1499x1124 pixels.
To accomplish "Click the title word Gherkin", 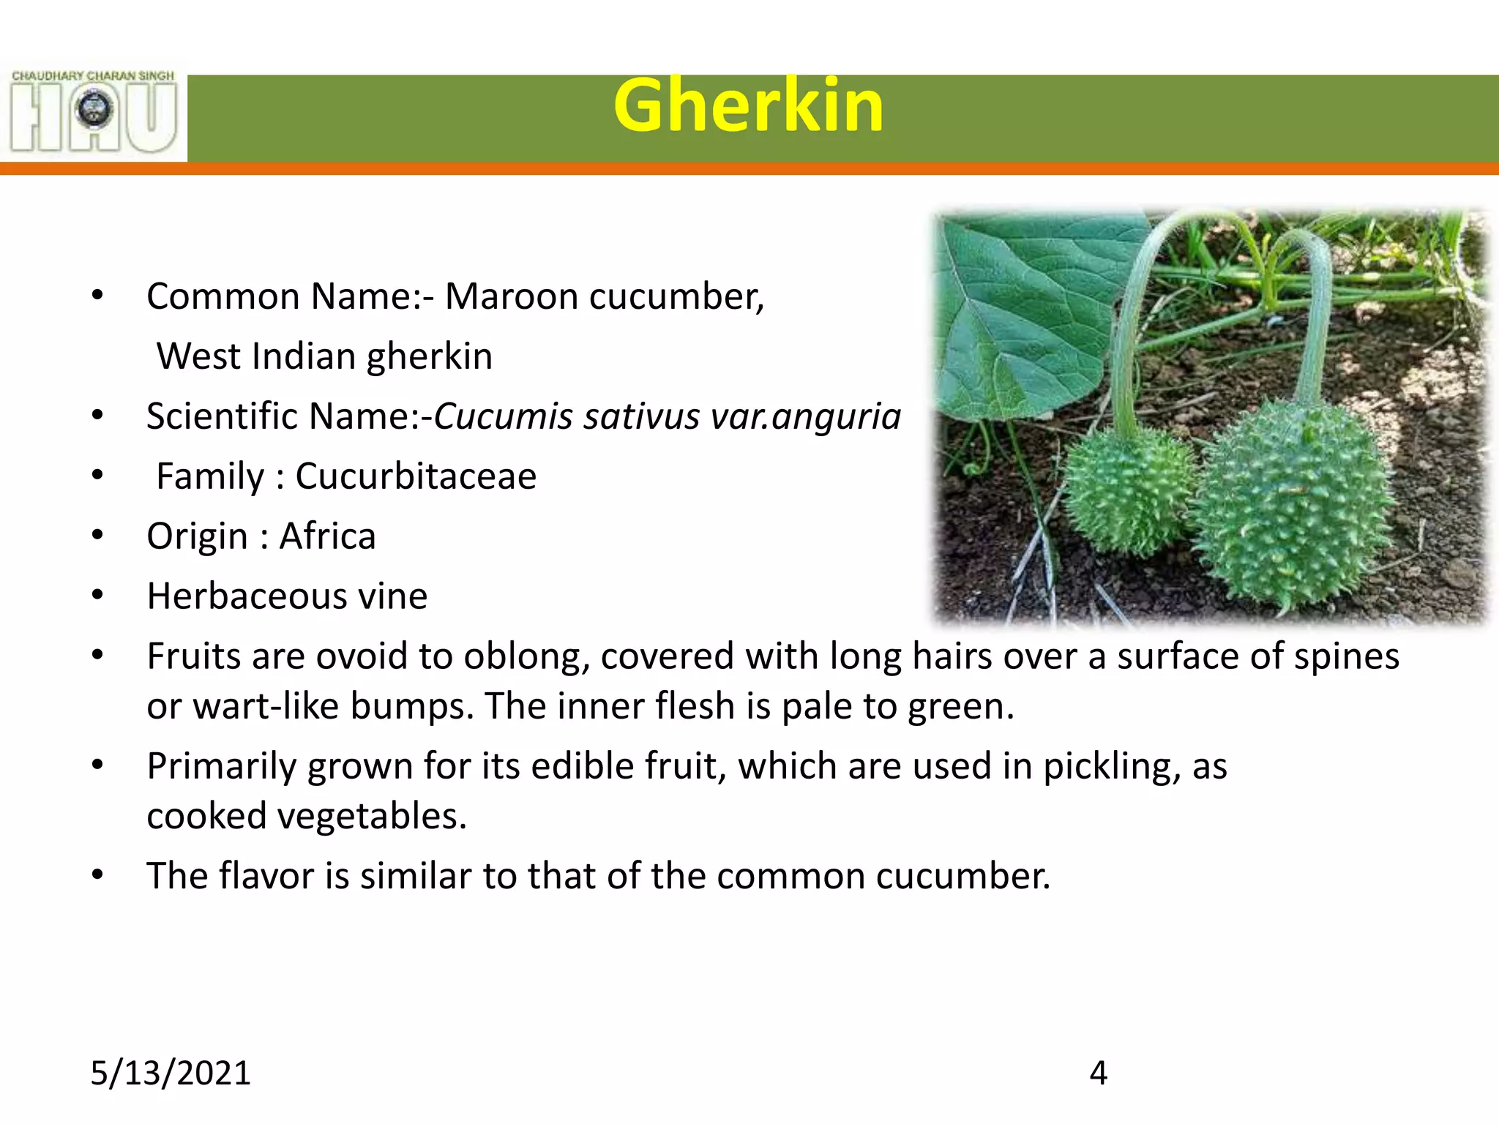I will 748,107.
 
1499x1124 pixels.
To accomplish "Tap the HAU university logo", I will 94,112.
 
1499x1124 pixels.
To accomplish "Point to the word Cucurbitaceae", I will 415,476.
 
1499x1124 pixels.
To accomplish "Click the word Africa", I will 327,536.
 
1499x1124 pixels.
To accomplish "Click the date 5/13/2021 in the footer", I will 170,1074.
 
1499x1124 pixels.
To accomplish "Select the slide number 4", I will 1098,1074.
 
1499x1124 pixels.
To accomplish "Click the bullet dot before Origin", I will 97,536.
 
